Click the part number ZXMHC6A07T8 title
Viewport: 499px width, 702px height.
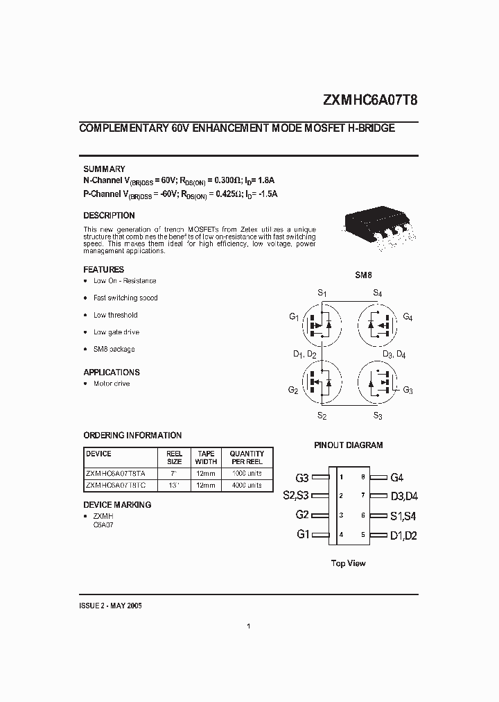pyautogui.click(x=370, y=99)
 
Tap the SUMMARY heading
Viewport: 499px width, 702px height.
pyautogui.click(x=104, y=169)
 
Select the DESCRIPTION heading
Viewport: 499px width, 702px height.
pyautogui.click(x=109, y=216)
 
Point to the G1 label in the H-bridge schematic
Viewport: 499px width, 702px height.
pyautogui.click(x=294, y=317)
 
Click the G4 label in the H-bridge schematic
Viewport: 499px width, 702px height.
pyautogui.click(x=407, y=318)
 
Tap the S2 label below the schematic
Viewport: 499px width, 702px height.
pyautogui.click(x=322, y=416)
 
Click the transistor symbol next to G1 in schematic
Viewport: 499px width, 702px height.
pyautogui.click(x=322, y=323)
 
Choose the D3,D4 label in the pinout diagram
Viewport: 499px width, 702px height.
pyautogui.click(x=403, y=496)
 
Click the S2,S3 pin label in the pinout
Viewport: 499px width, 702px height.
pyautogui.click(x=296, y=496)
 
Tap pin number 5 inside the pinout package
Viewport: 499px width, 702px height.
pyautogui.click(x=362, y=535)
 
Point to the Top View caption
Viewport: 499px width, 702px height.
pyautogui.click(x=348, y=563)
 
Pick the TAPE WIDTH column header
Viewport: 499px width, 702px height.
pyautogui.click(x=206, y=457)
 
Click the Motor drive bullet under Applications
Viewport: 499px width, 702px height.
pyautogui.click(x=111, y=384)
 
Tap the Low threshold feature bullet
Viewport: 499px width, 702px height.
pyautogui.click(x=115, y=315)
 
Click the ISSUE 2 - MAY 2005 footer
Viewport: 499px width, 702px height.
pyautogui.click(x=111, y=606)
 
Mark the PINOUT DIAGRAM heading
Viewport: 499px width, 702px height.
pyautogui.click(x=348, y=445)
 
